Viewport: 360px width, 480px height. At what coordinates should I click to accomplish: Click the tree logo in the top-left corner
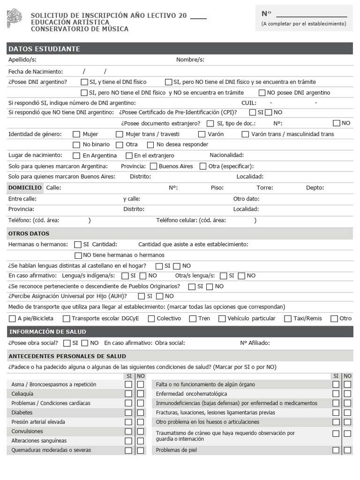[14, 18]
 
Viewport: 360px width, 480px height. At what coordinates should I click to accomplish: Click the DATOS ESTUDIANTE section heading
[44, 49]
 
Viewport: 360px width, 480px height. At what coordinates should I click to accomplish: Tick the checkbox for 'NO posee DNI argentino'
[262, 93]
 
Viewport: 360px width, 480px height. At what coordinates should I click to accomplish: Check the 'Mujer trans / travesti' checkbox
[120, 135]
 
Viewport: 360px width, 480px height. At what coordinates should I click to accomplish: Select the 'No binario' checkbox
[76, 145]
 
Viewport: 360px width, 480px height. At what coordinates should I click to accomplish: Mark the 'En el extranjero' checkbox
[129, 156]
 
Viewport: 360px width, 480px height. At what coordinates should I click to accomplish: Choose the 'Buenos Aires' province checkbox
[153, 166]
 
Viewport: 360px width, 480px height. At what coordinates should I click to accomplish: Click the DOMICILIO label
[25, 187]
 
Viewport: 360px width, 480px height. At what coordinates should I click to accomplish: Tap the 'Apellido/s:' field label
[22, 60]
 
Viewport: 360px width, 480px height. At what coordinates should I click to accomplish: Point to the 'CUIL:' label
[249, 103]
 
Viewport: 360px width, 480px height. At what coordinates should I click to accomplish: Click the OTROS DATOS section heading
[29, 233]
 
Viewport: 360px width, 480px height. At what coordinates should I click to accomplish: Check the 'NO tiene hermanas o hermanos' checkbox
[78, 255]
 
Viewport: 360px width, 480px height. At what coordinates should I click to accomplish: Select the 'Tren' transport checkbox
[193, 319]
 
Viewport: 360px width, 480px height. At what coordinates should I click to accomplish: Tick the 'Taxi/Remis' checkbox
[288, 319]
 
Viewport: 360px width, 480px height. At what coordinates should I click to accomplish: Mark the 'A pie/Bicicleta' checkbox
[12, 319]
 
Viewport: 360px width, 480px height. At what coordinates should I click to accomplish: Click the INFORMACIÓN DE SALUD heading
[47, 332]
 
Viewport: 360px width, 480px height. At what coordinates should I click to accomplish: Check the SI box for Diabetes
[128, 412]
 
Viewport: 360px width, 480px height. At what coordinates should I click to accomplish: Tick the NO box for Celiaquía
[141, 394]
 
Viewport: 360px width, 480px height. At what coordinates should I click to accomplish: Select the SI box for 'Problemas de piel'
[336, 450]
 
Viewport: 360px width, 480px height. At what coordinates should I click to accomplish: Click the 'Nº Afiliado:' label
[255, 343]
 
